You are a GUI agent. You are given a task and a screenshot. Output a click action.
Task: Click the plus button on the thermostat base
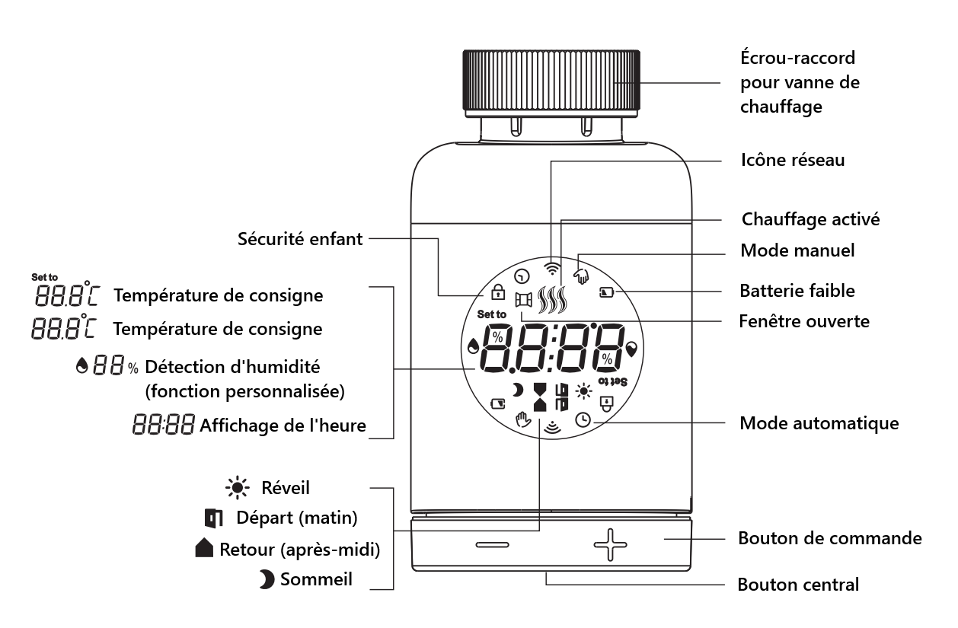pyautogui.click(x=610, y=545)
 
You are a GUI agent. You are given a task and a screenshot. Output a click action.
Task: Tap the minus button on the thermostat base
pyautogui.click(x=492, y=545)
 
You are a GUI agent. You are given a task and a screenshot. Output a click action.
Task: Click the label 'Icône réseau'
pyautogui.click(x=792, y=161)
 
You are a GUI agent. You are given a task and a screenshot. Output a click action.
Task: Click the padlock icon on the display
pyautogui.click(x=497, y=292)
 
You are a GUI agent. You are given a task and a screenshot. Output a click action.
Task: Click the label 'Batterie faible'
pyautogui.click(x=797, y=291)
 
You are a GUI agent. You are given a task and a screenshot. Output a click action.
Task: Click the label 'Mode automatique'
pyautogui.click(x=819, y=422)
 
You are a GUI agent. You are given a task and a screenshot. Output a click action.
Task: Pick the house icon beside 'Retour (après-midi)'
pyautogui.click(x=205, y=548)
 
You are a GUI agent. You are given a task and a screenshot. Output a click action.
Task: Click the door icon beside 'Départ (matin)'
pyautogui.click(x=214, y=518)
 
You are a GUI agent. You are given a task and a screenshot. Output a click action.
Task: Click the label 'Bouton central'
pyautogui.click(x=798, y=585)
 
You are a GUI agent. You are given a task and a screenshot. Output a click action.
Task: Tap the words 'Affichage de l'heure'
pyautogui.click(x=283, y=426)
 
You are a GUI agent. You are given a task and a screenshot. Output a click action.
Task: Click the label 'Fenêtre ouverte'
pyautogui.click(x=804, y=321)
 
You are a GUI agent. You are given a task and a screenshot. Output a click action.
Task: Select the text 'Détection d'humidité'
pyautogui.click(x=232, y=368)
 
